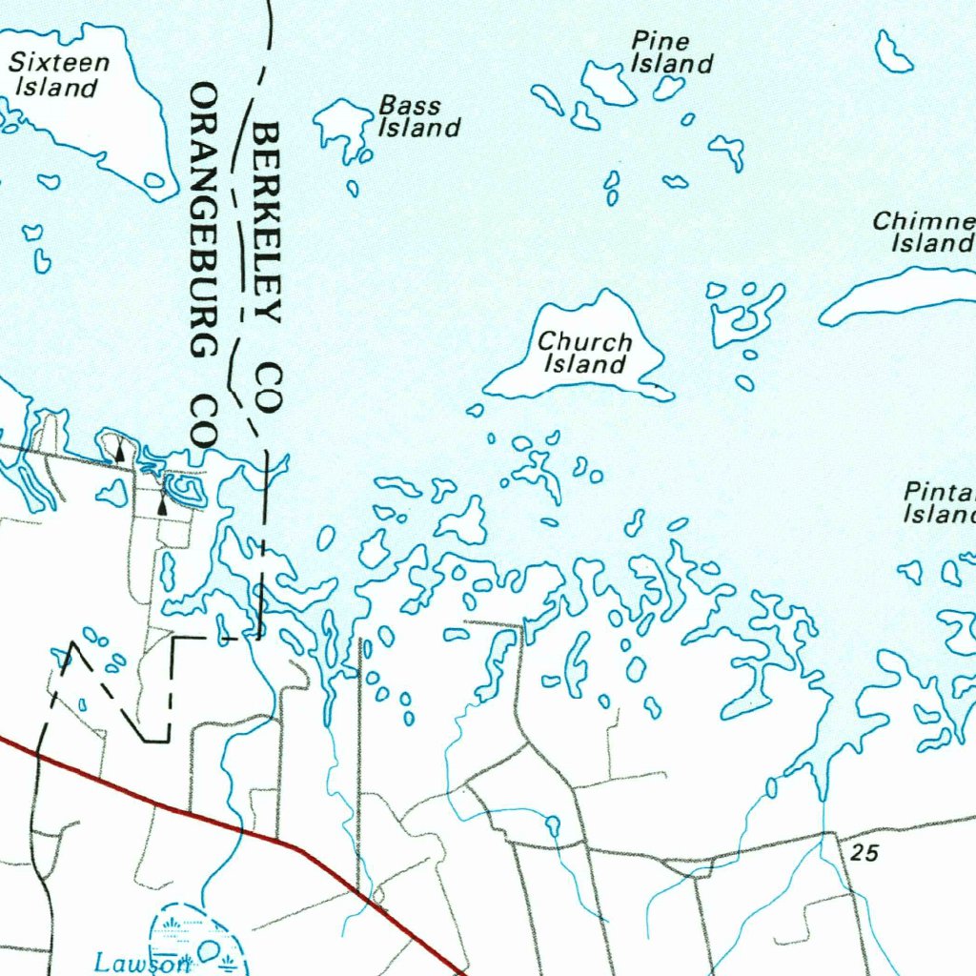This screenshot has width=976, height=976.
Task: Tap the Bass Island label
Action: tap(419, 116)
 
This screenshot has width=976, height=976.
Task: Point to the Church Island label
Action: tap(585, 352)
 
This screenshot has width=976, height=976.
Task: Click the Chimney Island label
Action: tap(923, 233)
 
